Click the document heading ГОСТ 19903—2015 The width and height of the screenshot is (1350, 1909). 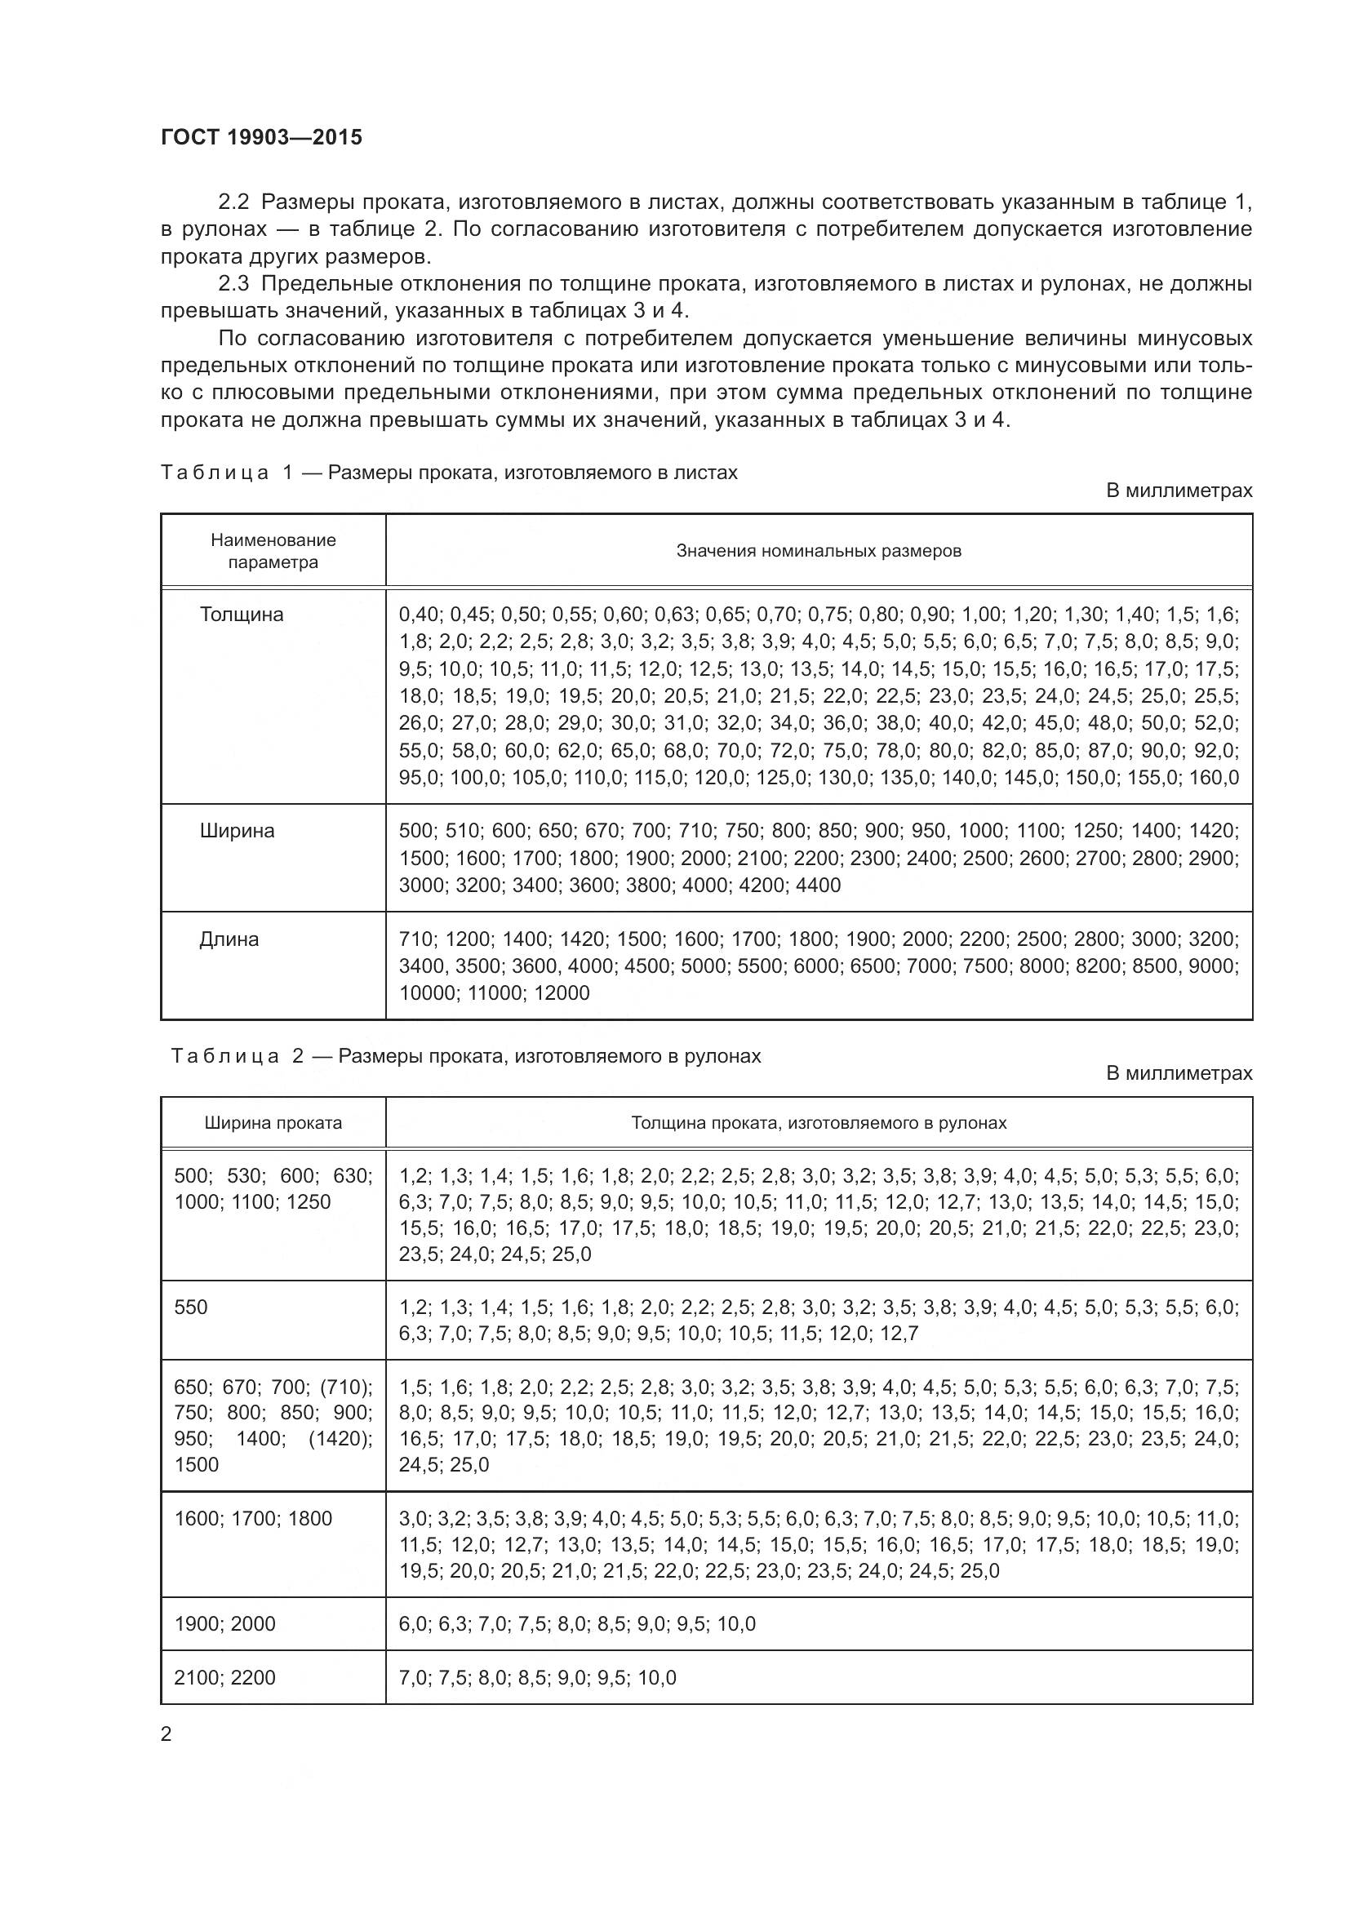[261, 138]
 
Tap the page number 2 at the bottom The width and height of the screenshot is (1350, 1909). [167, 1734]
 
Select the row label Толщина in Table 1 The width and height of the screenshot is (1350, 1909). [241, 615]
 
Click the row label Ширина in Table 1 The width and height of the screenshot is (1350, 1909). [237, 831]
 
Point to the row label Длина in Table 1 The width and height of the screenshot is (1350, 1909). [229, 939]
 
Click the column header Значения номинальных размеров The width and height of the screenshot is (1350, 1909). [818, 550]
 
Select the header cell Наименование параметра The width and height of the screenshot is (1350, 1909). [273, 550]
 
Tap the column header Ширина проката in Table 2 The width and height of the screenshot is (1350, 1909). [273, 1123]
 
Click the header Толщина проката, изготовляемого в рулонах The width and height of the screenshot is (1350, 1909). [818, 1123]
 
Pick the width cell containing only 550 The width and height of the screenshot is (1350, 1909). [191, 1307]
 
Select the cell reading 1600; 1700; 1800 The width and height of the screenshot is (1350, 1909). [253, 1519]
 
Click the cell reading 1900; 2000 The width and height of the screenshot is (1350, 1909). [224, 1624]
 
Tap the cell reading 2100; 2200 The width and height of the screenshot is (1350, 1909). [224, 1677]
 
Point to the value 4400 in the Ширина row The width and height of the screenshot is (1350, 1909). [818, 885]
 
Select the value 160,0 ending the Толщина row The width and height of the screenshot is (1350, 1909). [1215, 778]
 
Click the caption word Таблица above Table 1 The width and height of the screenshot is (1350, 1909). [215, 473]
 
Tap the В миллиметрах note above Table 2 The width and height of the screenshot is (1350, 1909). [1178, 1073]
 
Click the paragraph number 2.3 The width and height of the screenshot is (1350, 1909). [233, 284]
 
